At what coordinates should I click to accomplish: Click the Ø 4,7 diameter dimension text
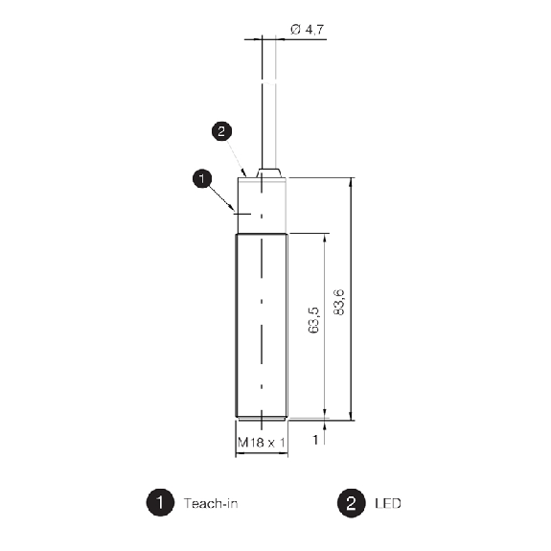308,30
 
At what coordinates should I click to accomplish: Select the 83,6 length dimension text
339,302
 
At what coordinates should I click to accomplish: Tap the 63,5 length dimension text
313,320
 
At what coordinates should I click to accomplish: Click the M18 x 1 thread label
262,443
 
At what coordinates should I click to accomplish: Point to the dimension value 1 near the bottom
315,440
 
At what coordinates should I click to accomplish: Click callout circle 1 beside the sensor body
202,178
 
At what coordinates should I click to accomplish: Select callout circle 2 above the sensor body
221,131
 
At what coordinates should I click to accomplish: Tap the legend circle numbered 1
160,502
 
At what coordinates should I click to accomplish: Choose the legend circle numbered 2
352,503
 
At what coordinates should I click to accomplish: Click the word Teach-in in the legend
211,503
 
